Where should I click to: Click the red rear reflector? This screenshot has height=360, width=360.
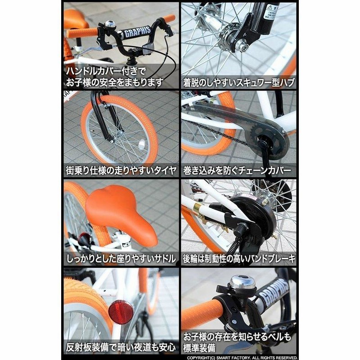[121, 312]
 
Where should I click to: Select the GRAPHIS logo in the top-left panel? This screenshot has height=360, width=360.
[137, 31]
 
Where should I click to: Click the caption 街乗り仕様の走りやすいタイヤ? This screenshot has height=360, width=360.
[121, 171]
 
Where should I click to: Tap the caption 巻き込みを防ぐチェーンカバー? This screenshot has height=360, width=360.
[237, 171]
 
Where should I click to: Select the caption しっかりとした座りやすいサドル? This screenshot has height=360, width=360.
[121, 258]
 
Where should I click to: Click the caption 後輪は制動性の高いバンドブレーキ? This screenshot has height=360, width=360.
[239, 258]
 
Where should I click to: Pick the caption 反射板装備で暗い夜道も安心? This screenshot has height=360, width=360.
[121, 347]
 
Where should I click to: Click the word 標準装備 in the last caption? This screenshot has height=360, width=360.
[199, 348]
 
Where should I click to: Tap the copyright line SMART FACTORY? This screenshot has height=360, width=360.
[242, 358]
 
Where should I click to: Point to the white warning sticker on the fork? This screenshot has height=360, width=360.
[271, 12]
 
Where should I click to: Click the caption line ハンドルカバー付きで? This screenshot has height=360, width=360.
[106, 72]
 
